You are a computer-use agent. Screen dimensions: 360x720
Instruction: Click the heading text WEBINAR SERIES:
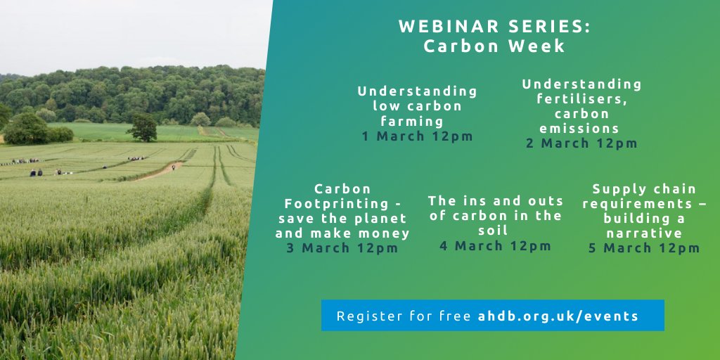(x=494, y=27)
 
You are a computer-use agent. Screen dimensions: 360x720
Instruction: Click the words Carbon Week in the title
(x=494, y=46)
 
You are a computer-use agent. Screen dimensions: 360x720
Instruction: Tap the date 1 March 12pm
(x=418, y=136)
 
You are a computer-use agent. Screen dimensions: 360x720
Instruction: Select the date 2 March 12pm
(x=581, y=143)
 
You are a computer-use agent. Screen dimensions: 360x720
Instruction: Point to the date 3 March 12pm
(x=342, y=248)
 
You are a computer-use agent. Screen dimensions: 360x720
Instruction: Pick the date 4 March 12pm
(x=496, y=245)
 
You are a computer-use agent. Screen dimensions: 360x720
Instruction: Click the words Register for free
(x=403, y=316)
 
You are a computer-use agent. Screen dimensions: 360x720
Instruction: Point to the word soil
(x=496, y=231)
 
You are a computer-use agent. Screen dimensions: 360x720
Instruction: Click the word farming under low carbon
(x=418, y=121)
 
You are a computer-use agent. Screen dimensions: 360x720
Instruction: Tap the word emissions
(x=579, y=129)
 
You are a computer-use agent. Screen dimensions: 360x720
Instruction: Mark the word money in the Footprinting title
(x=386, y=233)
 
